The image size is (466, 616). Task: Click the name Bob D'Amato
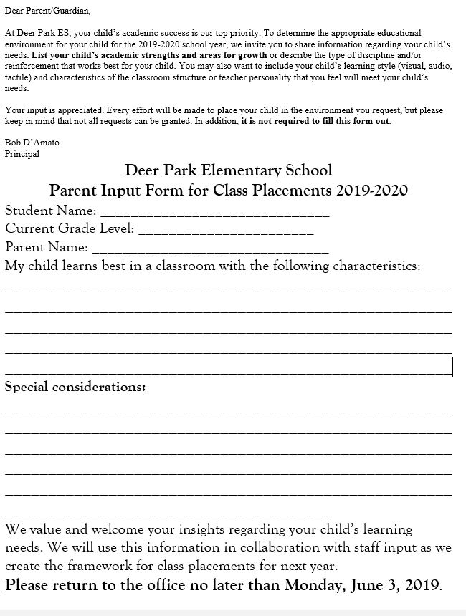(x=32, y=143)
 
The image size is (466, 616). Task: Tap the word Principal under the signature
(x=22, y=153)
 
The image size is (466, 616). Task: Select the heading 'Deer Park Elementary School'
(x=229, y=170)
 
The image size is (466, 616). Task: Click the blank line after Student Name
(x=214, y=213)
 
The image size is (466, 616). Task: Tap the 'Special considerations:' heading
(x=75, y=388)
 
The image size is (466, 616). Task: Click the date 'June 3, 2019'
(x=397, y=584)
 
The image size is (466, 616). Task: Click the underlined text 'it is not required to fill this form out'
(x=315, y=121)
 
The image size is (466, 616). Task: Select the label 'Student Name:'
(x=51, y=211)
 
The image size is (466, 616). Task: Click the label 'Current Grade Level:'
(x=70, y=229)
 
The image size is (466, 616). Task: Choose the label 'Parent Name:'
(x=47, y=248)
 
